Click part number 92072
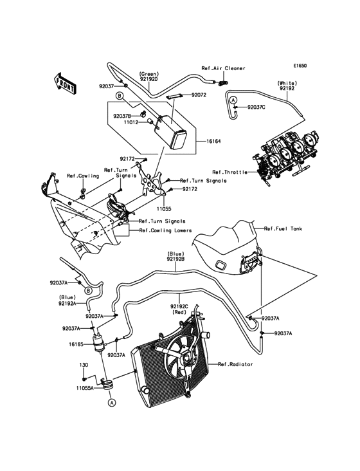[199, 95]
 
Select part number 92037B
[123, 116]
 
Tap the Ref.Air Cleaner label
[224, 68]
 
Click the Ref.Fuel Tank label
[285, 228]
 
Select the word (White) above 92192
[287, 84]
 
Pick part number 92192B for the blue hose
[175, 259]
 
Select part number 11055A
[85, 389]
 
